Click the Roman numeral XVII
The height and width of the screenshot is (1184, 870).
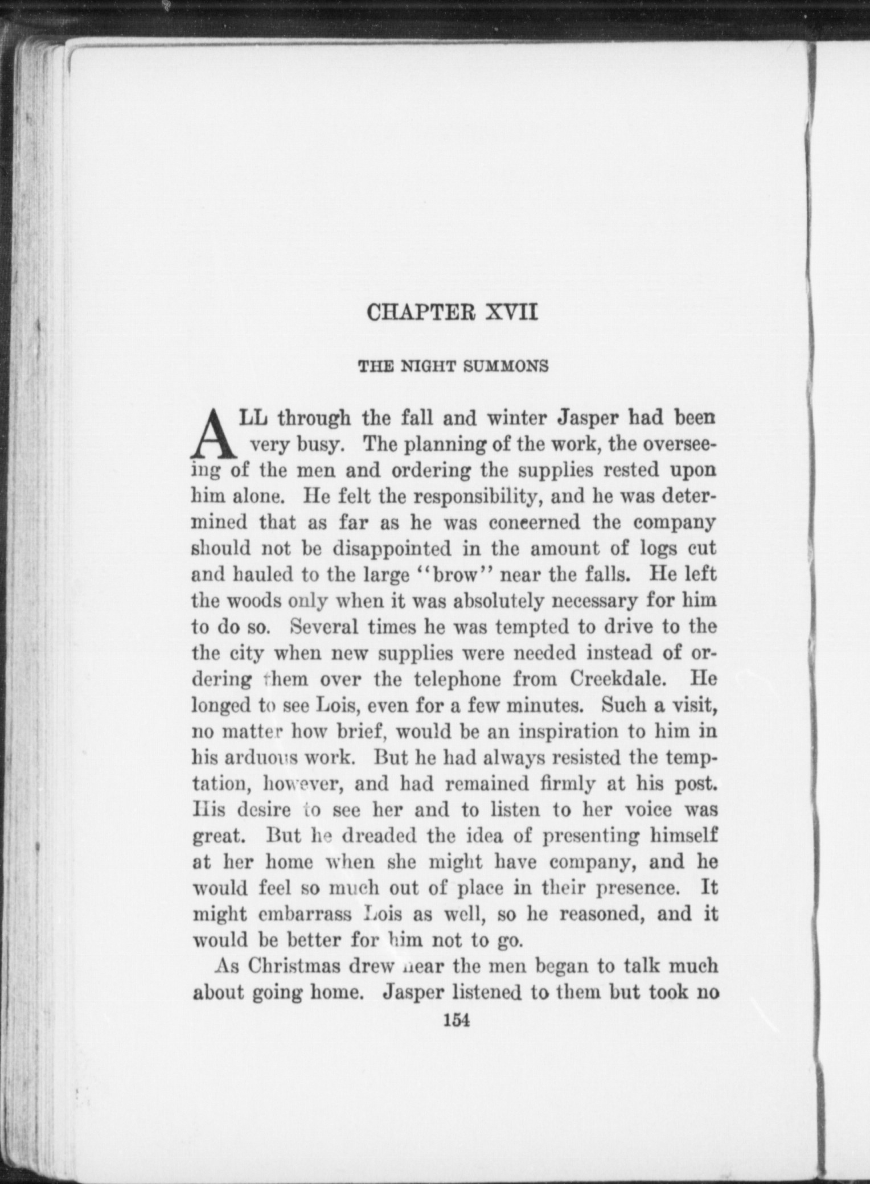point(510,313)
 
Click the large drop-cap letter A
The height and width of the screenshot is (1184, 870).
point(214,435)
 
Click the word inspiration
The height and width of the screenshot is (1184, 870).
point(572,731)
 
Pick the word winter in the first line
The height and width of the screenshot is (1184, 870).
point(519,418)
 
